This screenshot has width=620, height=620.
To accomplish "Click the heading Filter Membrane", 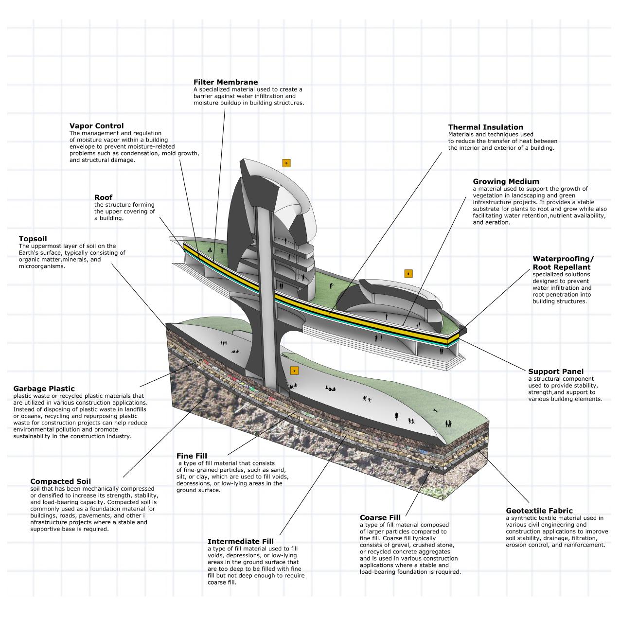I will coord(226,82).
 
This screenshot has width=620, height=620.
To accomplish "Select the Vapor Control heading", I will coord(96,126).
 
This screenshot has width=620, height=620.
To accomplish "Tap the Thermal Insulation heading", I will coord(485,127).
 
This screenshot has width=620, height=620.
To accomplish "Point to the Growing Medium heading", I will coord(506,181).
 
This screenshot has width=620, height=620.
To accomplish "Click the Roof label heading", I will coord(103,197).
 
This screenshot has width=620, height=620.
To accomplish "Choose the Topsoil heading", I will coord(33,239).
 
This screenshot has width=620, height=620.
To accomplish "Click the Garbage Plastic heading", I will coord(44,389).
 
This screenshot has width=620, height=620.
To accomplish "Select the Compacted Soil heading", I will coord(60,481).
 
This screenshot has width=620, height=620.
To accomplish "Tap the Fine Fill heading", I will coord(192,456).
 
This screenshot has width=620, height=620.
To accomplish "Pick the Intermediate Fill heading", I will coord(240,541).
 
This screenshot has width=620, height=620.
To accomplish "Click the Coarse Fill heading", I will coord(380,517).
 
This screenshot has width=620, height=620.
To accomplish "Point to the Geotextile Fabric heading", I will coord(539,511).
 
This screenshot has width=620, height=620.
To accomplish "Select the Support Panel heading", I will coord(556,372).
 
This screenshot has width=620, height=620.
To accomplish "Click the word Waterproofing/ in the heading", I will coord(563,259).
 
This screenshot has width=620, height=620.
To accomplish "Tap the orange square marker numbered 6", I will coord(286,163).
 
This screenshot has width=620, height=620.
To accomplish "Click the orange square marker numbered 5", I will coord(408,274).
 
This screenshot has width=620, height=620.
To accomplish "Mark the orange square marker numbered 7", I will coord(294,371).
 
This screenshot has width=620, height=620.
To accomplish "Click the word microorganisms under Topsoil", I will coord(42,266).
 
